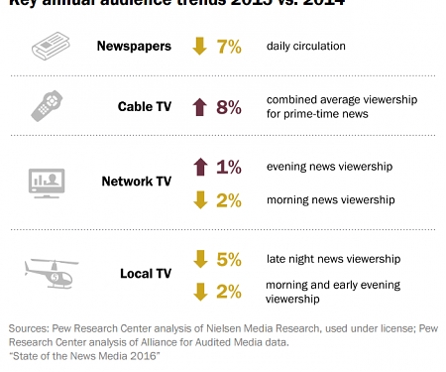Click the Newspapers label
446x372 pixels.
[134, 47]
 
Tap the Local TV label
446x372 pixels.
[145, 272]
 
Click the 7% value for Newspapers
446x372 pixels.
[228, 47]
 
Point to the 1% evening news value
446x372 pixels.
[228, 167]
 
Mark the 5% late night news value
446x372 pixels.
[228, 259]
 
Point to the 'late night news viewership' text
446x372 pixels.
[333, 259]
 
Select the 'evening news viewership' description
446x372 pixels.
[330, 167]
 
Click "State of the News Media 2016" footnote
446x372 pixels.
[84, 355]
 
